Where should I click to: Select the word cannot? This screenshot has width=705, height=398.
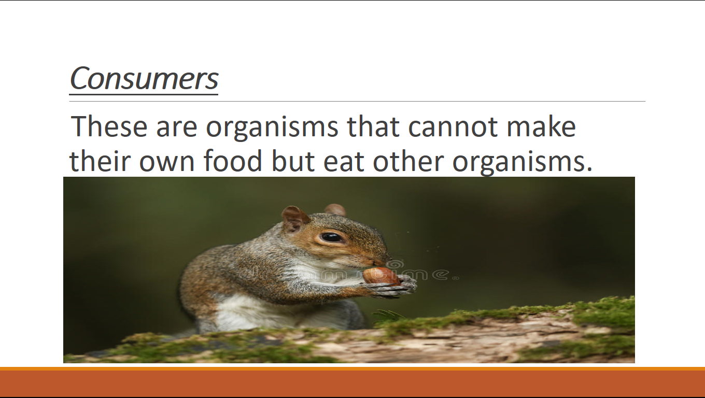point(453,127)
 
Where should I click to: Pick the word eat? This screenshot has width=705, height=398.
point(344,161)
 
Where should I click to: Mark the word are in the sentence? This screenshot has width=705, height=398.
point(177,130)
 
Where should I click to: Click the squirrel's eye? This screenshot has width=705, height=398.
point(331,237)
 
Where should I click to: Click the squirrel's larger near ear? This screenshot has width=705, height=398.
point(294,219)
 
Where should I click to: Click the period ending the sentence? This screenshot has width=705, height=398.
point(589,169)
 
